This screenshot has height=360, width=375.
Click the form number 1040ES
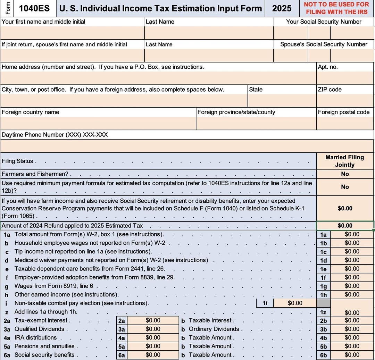pos(34,8)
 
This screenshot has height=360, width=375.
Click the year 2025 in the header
pos(282,8)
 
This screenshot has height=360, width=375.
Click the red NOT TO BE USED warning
pos(336,8)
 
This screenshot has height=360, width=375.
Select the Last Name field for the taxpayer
pos(209,33)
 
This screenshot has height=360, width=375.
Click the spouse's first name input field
pos(72,56)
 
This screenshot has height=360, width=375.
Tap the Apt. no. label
pos(327,67)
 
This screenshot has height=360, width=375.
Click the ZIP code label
pos(330,90)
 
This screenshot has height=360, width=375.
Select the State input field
pos(282,100)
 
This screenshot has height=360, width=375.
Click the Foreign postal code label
pos(343,112)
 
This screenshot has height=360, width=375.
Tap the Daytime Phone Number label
pos(55,135)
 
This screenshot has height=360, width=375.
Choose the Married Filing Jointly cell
pos(345,161)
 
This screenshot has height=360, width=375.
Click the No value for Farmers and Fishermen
pos(345,174)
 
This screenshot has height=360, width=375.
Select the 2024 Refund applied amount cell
pos(345,226)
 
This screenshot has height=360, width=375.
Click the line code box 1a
pos(323,235)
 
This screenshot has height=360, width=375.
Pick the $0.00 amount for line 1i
pos(295,303)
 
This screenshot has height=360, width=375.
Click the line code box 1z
pos(323,312)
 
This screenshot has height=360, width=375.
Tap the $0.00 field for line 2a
pos(153,320)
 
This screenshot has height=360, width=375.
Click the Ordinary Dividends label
pos(214,329)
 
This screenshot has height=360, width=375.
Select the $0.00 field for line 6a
pos(153,355)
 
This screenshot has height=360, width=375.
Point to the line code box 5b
pos(323,346)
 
